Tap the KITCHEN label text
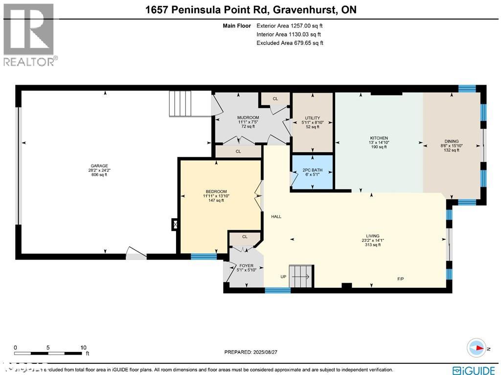(379, 138)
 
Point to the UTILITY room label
(312, 118)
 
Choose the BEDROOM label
(216, 191)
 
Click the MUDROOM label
(248, 117)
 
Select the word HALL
(276, 216)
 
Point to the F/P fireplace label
(400, 278)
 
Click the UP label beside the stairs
(283, 277)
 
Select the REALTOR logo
(29, 35)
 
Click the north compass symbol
(477, 348)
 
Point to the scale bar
(49, 352)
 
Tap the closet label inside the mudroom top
(275, 98)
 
